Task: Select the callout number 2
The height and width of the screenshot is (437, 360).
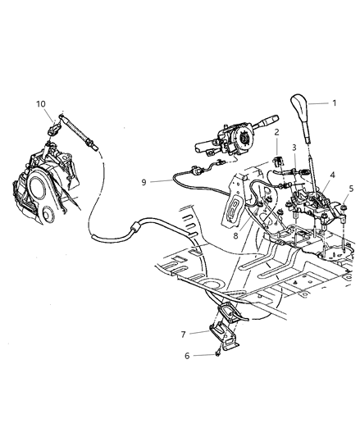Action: click(x=277, y=132)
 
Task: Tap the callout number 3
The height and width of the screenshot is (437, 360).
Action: click(x=294, y=148)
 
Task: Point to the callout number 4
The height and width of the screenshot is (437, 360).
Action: click(x=332, y=175)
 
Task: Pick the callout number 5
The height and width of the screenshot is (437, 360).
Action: click(x=351, y=188)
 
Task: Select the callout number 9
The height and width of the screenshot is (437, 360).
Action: click(x=144, y=183)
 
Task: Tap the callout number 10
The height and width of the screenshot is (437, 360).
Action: click(x=40, y=104)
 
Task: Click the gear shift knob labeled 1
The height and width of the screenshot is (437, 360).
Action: click(x=298, y=108)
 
